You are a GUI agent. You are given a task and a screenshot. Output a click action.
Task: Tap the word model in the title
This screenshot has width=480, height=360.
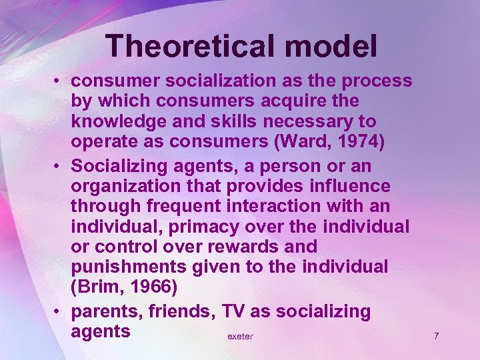pos(329,46)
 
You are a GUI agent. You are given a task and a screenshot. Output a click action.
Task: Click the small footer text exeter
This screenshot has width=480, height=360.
pos(240,337)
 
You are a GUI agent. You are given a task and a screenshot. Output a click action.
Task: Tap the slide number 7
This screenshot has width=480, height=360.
pos(436,336)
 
